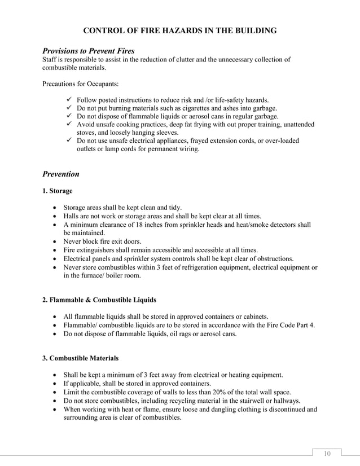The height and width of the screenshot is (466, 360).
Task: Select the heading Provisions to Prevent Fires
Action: [x=89, y=51]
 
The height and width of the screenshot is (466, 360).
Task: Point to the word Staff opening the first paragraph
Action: [x=51, y=60]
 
